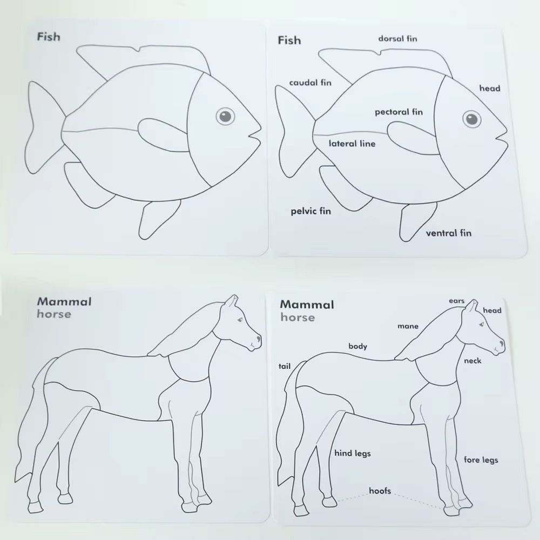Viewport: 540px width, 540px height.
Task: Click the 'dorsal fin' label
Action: click(x=397, y=38)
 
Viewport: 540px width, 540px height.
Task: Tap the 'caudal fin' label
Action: click(x=310, y=83)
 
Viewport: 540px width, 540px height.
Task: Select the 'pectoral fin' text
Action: click(x=399, y=112)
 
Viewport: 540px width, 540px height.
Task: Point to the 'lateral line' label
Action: click(x=352, y=144)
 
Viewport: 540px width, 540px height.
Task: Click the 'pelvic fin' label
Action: click(x=310, y=211)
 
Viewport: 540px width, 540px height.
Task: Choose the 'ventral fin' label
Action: click(x=448, y=233)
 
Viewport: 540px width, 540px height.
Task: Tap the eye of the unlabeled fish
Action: click(x=225, y=116)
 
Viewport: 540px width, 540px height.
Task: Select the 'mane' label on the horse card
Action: click(x=408, y=326)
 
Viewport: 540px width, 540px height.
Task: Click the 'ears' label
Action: click(x=457, y=301)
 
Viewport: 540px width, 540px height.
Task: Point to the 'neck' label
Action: click(x=473, y=361)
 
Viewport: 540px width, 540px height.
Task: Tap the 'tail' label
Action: click(x=284, y=366)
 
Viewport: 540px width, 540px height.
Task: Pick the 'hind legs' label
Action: click(x=353, y=453)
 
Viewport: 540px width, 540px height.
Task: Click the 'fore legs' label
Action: click(x=481, y=460)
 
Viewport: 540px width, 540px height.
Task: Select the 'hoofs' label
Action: click(x=380, y=491)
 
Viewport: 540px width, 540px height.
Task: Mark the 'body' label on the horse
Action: click(x=357, y=346)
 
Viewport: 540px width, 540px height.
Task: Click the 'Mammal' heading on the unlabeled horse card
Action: click(x=64, y=301)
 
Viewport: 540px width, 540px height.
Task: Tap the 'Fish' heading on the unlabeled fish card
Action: click(x=49, y=37)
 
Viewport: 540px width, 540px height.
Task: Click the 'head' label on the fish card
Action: click(x=490, y=88)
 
